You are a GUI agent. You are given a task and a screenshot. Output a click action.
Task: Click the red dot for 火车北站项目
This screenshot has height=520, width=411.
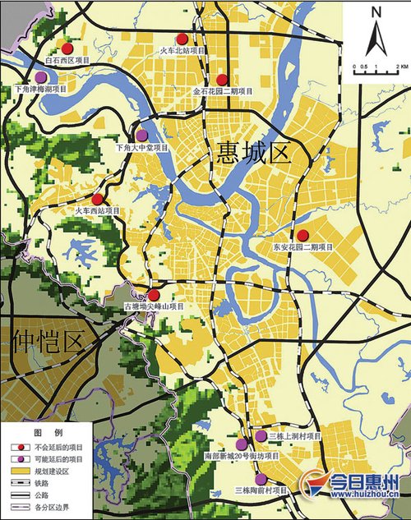tap(182, 39)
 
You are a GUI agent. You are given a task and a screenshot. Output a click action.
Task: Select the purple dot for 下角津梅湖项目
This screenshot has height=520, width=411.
tap(40, 76)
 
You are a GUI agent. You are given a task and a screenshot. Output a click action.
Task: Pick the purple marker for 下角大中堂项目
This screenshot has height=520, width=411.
tap(141, 135)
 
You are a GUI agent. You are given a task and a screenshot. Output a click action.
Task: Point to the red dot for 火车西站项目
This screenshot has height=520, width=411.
tap(97, 199)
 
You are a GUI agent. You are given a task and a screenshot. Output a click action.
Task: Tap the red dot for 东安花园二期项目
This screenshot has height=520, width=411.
tap(302, 236)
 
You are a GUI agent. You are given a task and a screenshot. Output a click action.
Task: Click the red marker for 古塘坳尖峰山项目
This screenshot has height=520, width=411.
tap(153, 295)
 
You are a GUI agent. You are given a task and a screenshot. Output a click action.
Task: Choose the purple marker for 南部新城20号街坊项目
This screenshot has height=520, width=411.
tap(241, 444)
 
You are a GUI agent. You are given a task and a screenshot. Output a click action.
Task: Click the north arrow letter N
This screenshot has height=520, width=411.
tap(376, 12)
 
